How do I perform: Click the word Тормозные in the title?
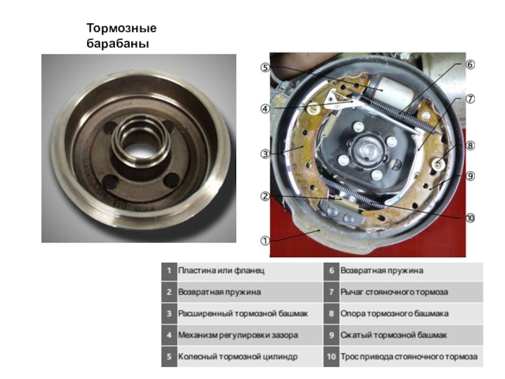[x=121, y=28]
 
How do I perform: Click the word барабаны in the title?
[x=118, y=44]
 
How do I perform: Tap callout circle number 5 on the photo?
[x=265, y=68]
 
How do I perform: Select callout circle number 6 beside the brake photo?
[x=470, y=65]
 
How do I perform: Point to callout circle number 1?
[x=265, y=241]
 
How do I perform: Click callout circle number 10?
[x=470, y=218]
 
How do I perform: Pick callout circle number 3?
[x=265, y=153]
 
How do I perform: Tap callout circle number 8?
[x=470, y=146]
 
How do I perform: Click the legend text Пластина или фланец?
[x=222, y=270]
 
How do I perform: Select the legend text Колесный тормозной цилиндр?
[x=238, y=357]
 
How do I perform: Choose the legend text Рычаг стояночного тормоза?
[x=394, y=292]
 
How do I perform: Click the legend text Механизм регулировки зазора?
[x=238, y=335]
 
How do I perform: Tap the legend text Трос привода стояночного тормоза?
[x=409, y=357]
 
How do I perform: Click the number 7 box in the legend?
[x=331, y=292]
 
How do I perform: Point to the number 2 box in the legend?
[x=169, y=292]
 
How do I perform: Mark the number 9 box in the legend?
[x=331, y=335]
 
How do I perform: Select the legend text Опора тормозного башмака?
[x=395, y=313]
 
